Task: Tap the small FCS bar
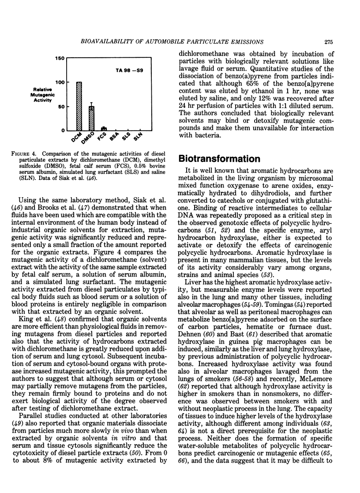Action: pos(104,129)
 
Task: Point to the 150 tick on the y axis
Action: pos(60,58)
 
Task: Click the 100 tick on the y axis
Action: pos(60,82)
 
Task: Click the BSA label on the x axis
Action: pos(114,138)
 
